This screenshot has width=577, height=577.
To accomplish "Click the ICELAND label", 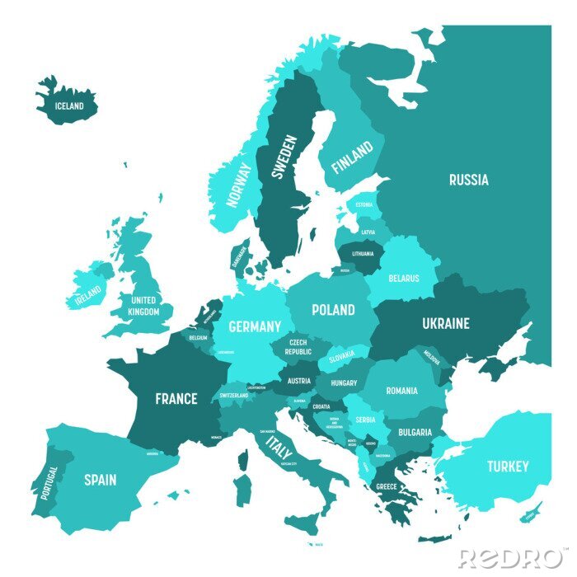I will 69,106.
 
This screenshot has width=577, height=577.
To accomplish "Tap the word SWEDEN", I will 282,157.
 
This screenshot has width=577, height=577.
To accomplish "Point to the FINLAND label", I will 352,156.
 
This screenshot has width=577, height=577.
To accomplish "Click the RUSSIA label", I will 468,180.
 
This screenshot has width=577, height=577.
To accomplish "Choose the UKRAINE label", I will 446,323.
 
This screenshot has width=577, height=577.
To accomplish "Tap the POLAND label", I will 333,310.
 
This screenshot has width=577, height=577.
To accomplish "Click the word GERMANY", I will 255,326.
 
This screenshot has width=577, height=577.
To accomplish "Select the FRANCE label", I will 176,399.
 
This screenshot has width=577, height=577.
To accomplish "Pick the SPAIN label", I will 100,479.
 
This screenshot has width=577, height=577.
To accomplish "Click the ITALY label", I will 279,449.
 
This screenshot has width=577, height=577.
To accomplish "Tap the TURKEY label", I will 507,467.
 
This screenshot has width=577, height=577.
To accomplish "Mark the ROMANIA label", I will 401,390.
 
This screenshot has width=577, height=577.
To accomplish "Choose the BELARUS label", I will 404,279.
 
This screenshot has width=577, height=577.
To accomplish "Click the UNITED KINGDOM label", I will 143,306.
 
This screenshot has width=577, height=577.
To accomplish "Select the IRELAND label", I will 88,293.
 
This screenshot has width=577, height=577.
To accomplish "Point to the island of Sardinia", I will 242,488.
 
